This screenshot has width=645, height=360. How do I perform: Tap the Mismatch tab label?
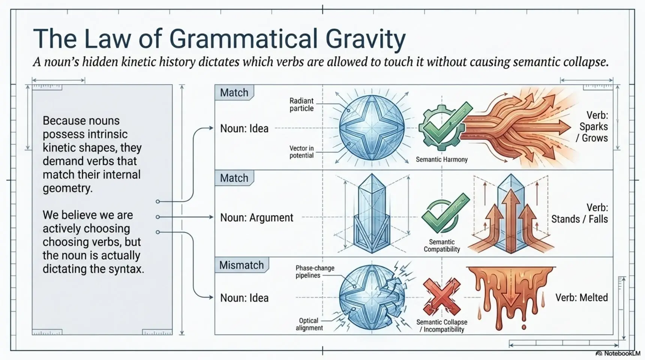(241, 265)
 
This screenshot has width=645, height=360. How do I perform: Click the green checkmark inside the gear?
(446, 123)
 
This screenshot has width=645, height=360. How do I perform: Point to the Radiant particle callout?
(301, 105)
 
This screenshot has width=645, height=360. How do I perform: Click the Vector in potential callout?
(301, 152)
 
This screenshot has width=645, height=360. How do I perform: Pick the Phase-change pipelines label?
(315, 272)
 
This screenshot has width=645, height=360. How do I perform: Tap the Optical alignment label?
(309, 324)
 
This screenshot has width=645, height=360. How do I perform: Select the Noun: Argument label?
(257, 217)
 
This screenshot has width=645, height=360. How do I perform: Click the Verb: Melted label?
(582, 298)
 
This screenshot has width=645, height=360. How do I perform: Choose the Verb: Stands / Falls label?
(580, 213)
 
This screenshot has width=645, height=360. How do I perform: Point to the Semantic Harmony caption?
(442, 159)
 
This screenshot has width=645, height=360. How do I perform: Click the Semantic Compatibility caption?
(442, 246)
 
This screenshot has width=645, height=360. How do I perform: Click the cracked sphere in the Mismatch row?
(373, 297)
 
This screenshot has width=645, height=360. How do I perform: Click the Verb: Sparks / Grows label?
(592, 127)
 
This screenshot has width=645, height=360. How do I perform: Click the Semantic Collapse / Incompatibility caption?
(442, 326)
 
